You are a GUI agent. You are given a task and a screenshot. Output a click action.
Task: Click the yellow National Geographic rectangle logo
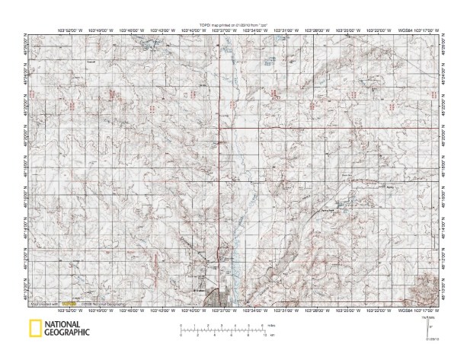(x=34, y=329)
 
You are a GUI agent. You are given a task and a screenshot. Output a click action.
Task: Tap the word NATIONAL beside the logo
(x=66, y=324)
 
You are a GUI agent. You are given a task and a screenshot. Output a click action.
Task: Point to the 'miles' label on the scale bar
(x=271, y=325)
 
